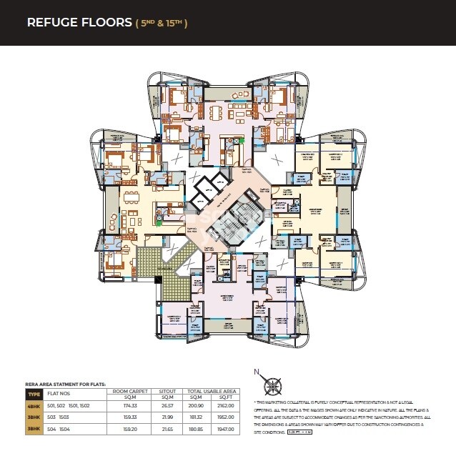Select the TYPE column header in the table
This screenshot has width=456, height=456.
pyautogui.click(x=34, y=394)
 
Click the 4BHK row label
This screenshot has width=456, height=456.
pyautogui.click(x=34, y=405)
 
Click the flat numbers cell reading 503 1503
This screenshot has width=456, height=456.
pyautogui.click(x=57, y=416)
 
